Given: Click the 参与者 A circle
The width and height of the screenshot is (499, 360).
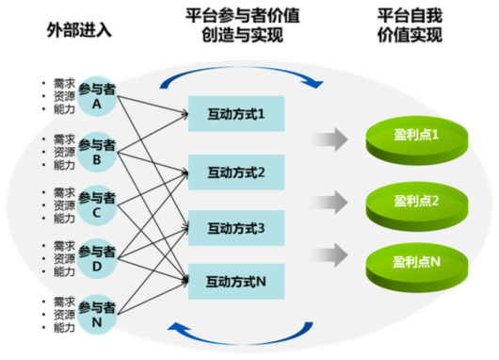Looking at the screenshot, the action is pyautogui.click(x=97, y=96).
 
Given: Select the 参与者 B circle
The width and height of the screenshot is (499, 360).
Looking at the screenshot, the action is pyautogui.click(x=97, y=152).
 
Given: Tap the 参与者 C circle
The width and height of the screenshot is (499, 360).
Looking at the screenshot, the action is pyautogui.click(x=97, y=205).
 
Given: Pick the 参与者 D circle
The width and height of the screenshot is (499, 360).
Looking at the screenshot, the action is pyautogui.click(x=97, y=258).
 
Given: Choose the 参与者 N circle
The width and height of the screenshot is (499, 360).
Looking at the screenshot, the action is pyautogui.click(x=97, y=315).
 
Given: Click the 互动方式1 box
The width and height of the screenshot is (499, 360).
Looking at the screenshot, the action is pyautogui.click(x=236, y=114).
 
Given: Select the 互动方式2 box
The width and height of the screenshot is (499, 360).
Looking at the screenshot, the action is pyautogui.click(x=236, y=172).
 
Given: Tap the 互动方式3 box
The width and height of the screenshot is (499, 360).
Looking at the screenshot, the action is pyautogui.click(x=236, y=228).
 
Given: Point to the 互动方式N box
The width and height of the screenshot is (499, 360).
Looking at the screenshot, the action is pyautogui.click(x=236, y=282).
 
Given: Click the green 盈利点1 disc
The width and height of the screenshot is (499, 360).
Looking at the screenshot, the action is pyautogui.click(x=417, y=140).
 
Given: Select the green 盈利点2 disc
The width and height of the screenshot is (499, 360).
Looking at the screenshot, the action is pyautogui.click(x=417, y=206).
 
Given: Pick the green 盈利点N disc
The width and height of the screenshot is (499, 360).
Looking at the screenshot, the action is pyautogui.click(x=417, y=268).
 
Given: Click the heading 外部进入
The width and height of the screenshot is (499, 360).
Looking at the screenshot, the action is pyautogui.click(x=79, y=30).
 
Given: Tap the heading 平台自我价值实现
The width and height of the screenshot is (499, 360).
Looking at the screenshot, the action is pyautogui.click(x=410, y=25).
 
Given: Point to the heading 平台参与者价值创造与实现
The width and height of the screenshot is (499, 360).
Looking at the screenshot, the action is pyautogui.click(x=243, y=25).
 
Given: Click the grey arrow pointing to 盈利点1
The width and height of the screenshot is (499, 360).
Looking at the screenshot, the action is pyautogui.click(x=330, y=139).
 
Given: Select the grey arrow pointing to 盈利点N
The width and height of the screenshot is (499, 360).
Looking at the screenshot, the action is pyautogui.click(x=330, y=254).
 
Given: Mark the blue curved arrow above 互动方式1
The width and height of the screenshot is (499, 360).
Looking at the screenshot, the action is pyautogui.click(x=242, y=68).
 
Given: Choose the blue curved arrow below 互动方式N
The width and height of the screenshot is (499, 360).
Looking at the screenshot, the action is pyautogui.click(x=242, y=343).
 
